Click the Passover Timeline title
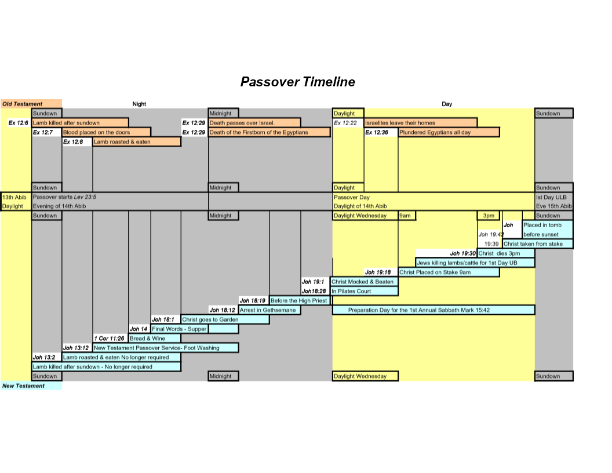click(x=297, y=82)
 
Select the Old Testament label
click(x=22, y=104)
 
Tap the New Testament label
click(x=23, y=385)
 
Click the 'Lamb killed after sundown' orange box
click(x=80, y=123)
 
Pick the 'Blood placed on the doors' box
click(x=106, y=132)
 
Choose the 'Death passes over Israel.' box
click(x=254, y=123)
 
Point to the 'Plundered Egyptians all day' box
click(x=449, y=132)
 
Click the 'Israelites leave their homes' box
click(x=420, y=123)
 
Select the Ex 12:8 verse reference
click(x=73, y=141)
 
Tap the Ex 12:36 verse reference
click(x=377, y=132)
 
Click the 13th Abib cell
click(x=14, y=197)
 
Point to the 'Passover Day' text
click(x=352, y=197)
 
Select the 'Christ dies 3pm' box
click(x=506, y=253)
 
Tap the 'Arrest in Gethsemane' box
click(x=269, y=310)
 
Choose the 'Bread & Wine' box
click(x=155, y=339)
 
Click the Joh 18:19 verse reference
click(x=253, y=300)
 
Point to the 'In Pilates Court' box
click(x=364, y=291)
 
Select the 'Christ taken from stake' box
click(x=537, y=244)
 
